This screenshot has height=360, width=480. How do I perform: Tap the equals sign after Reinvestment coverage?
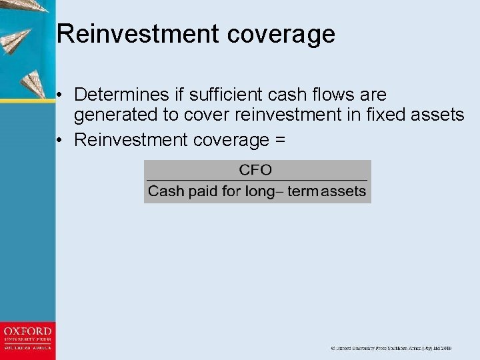[279, 139]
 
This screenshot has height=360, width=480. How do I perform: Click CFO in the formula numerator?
[255, 170]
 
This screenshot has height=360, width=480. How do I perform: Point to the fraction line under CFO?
[257, 181]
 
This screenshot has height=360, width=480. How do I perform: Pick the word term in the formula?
[303, 191]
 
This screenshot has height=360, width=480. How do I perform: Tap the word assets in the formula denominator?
[344, 191]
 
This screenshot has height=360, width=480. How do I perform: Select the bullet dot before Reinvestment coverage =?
[61, 140]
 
